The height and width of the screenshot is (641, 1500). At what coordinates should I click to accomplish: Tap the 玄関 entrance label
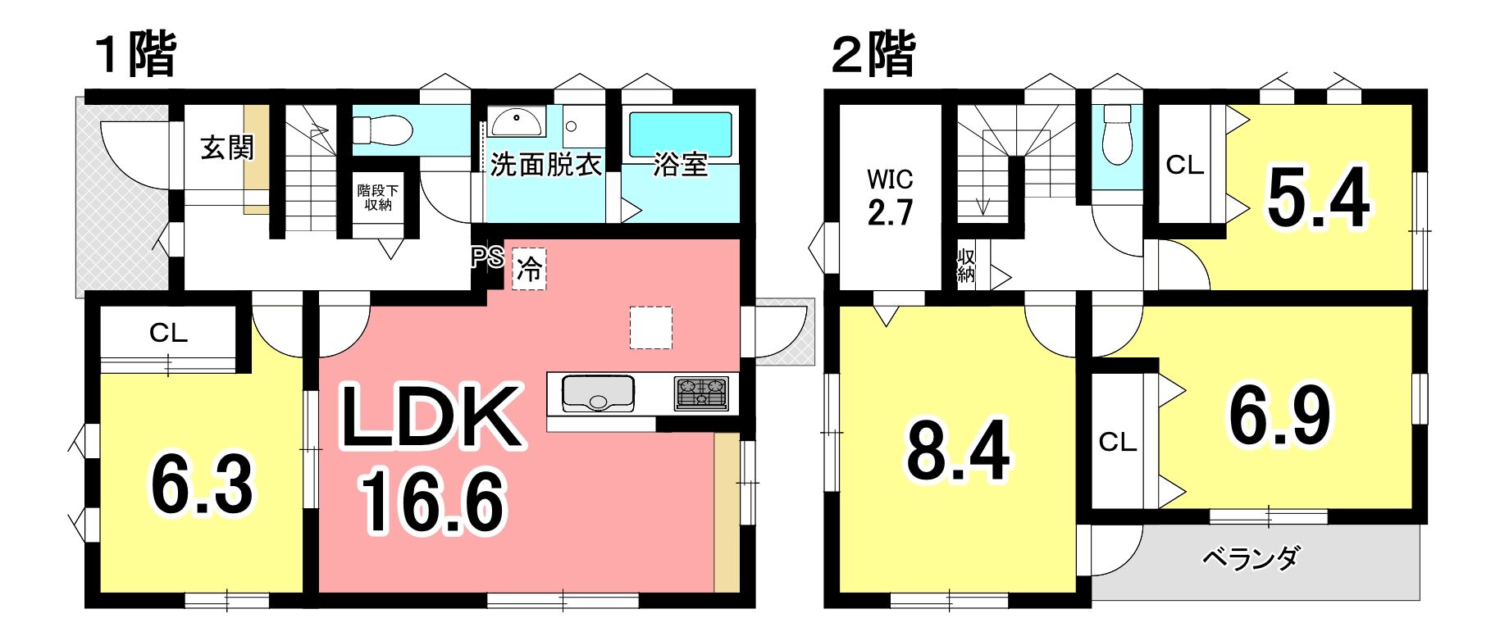point(227,148)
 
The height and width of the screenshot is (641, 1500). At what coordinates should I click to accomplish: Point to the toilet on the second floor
point(1117,135)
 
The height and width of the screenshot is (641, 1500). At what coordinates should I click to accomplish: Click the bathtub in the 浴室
point(680,134)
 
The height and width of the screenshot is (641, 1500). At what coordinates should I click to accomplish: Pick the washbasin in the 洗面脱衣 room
point(517,122)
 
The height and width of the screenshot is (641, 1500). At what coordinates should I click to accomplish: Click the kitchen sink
point(598,393)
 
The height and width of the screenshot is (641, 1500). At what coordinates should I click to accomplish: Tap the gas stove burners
point(701,393)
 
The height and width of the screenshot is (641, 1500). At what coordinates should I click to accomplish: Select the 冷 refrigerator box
point(529,269)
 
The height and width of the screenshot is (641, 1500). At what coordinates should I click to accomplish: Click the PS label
point(487,257)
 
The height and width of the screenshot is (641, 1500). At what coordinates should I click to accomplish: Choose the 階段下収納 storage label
point(378,198)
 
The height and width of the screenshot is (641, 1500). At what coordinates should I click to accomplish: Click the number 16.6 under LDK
point(432,502)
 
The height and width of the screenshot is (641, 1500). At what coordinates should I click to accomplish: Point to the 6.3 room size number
point(203,484)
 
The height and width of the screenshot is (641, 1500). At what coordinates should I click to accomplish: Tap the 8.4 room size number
point(958,450)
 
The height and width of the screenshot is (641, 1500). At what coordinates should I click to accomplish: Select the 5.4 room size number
point(1318,197)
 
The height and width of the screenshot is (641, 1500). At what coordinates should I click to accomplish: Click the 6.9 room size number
point(1279,416)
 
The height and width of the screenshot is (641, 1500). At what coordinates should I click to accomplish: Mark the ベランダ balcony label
point(1251,558)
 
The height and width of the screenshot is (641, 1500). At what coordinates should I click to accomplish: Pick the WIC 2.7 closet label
point(891,197)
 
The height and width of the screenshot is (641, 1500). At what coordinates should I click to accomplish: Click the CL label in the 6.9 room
point(1118,443)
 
